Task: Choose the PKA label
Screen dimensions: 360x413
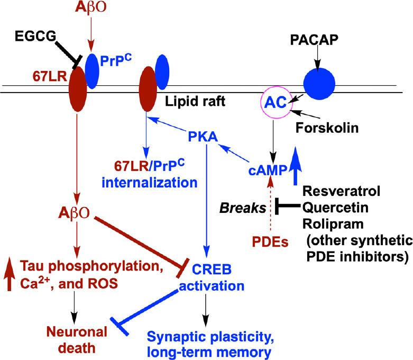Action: [x=203, y=138]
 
